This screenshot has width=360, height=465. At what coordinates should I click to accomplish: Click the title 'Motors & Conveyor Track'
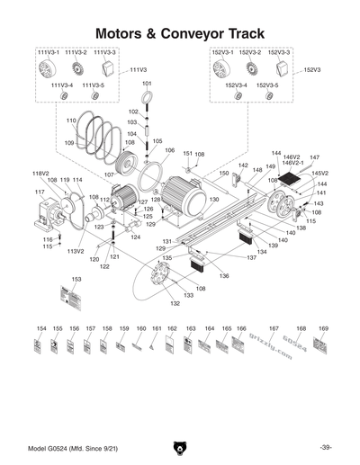[x=180, y=32]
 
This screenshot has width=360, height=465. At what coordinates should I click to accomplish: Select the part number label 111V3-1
[x=48, y=53]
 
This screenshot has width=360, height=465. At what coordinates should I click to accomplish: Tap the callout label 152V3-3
[x=280, y=53]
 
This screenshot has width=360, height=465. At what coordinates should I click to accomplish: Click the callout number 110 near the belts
[x=71, y=120]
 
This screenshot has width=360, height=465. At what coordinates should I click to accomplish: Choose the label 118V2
[x=40, y=173]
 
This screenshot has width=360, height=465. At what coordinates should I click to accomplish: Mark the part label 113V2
[x=76, y=251]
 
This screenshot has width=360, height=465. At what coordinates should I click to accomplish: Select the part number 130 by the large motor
[x=214, y=199]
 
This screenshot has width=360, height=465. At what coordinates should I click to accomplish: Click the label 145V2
[x=319, y=173]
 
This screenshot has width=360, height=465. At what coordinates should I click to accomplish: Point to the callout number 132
[x=175, y=303]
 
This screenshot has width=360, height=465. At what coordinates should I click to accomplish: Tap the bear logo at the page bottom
[x=180, y=447]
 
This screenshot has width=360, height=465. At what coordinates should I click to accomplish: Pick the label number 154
[x=40, y=329]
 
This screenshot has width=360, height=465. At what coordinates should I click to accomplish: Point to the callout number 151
[x=187, y=154]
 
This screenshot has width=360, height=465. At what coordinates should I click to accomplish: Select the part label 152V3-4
[x=236, y=85]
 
